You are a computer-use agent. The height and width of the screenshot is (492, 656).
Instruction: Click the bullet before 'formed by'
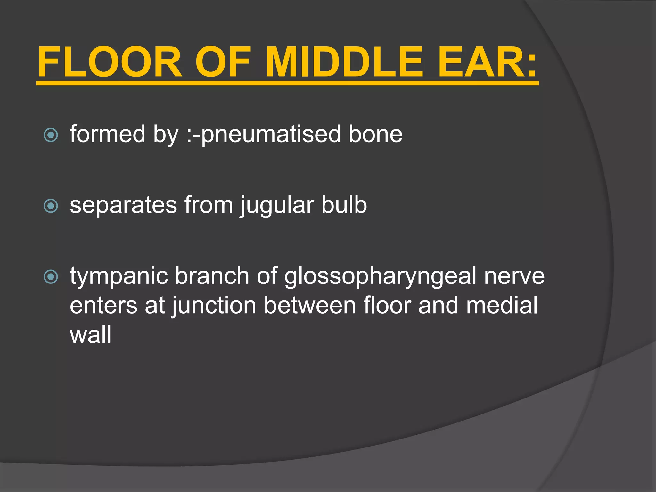click(51, 135)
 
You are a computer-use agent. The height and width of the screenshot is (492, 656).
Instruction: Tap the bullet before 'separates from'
click(51, 206)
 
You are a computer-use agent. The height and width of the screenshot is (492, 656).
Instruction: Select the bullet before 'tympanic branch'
click(51, 277)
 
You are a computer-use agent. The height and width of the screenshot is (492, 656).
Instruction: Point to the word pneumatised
click(271, 135)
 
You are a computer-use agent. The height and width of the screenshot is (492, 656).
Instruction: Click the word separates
click(123, 206)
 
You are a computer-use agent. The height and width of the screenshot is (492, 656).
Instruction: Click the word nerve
click(514, 276)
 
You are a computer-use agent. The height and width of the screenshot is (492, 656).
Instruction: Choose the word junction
click(214, 306)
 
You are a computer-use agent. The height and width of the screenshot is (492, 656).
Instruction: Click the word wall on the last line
click(91, 335)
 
